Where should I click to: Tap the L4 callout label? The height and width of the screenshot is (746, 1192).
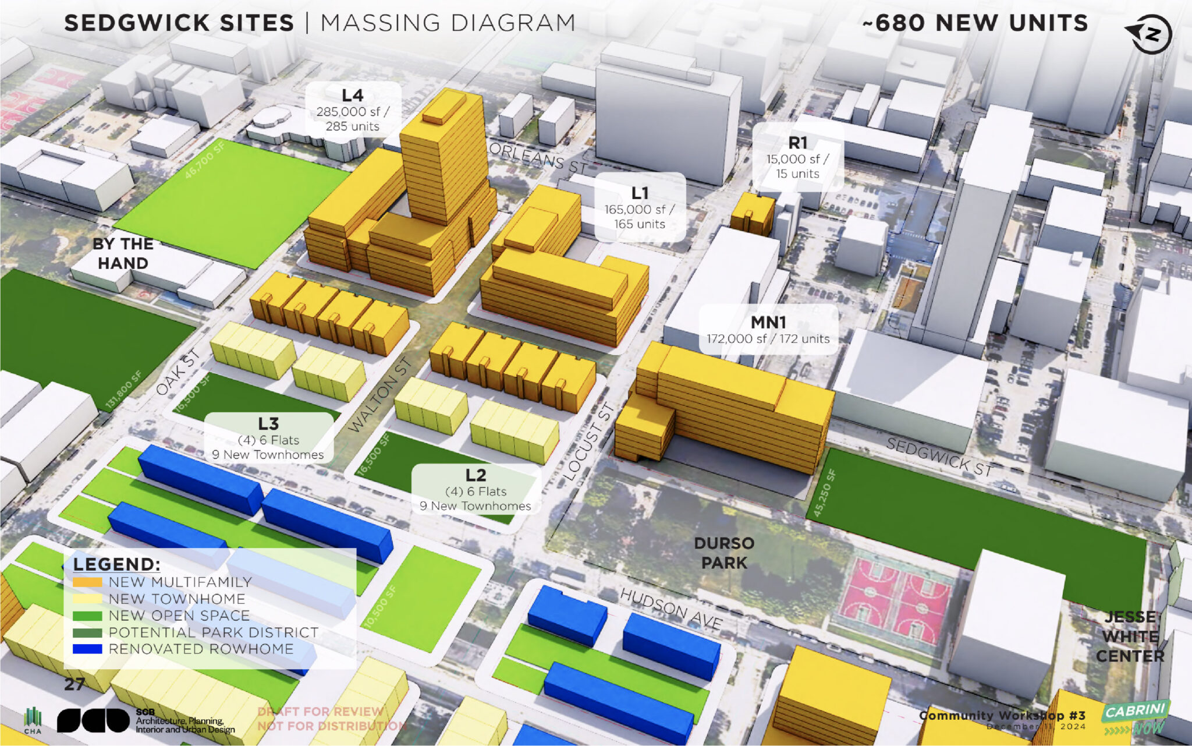(x=353, y=110)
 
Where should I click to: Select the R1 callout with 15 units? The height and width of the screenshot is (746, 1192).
(x=797, y=157)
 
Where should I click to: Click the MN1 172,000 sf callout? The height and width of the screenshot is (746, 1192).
(x=768, y=330)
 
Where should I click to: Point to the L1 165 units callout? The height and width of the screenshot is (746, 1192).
(x=640, y=207)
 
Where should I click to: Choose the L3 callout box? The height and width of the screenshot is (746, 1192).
(x=268, y=439)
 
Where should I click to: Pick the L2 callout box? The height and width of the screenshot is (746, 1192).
(x=476, y=490)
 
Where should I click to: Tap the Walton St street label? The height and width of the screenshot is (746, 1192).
(x=381, y=394)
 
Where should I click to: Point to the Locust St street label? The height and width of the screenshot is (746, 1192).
(x=589, y=441)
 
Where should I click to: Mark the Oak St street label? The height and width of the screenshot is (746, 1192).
(x=179, y=373)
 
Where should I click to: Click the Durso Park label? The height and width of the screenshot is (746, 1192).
(x=724, y=553)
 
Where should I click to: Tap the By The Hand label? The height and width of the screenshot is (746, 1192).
(x=123, y=253)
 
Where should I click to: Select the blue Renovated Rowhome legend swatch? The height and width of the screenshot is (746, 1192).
(x=87, y=649)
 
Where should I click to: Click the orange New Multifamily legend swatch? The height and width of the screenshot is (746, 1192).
(x=87, y=582)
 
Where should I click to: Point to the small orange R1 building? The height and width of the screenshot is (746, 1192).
(x=752, y=214)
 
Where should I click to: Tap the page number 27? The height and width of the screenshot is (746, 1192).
(x=74, y=684)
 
